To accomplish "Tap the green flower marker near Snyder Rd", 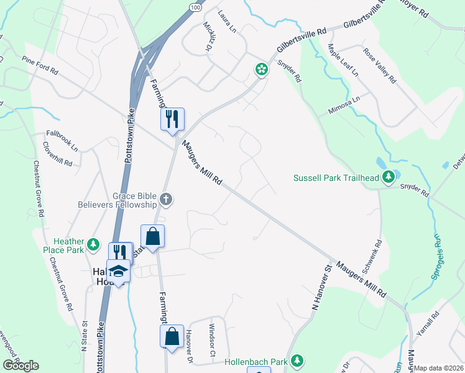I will (x=262, y=69).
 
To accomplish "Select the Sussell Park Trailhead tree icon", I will (x=389, y=178).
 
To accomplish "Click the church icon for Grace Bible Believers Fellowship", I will (x=165, y=200).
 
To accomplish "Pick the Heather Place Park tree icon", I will (x=93, y=244).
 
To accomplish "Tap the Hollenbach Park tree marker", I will (x=298, y=361).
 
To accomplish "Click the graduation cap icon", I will (x=118, y=271).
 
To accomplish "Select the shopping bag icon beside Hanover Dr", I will (x=171, y=336).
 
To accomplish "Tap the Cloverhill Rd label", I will (x=58, y=154).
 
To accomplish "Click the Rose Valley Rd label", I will (x=380, y=67).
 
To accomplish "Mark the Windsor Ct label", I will (x=213, y=341).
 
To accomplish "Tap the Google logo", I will (x=21, y=366).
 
